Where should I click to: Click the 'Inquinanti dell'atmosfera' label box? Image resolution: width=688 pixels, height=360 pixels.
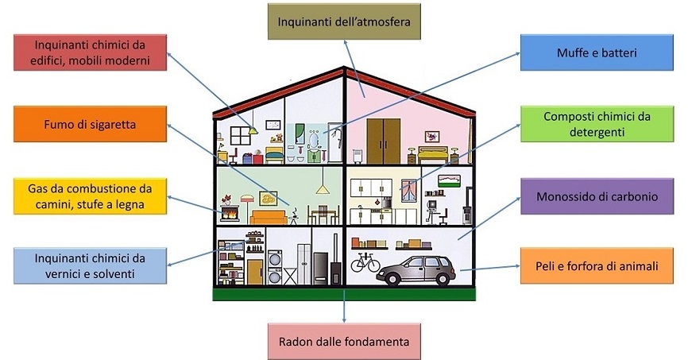[344, 21]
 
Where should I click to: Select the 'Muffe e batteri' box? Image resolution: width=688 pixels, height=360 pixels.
[597, 52]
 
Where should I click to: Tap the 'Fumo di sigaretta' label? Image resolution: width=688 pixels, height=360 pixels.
[90, 124]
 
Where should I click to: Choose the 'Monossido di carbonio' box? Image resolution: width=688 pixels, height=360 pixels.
[597, 196]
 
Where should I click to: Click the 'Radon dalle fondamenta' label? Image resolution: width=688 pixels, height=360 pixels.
[344, 342]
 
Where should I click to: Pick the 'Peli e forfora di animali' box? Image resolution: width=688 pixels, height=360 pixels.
[597, 265]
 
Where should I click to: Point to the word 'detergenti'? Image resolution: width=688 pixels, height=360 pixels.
[597, 132]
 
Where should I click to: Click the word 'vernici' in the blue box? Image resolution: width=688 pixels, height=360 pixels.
[61, 274]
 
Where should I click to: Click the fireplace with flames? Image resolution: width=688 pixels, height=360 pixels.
[230, 213]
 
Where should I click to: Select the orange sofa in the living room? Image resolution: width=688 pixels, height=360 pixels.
[268, 217]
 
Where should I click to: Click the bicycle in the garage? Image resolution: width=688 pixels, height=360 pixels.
[365, 262]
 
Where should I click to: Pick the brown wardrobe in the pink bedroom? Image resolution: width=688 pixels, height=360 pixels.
[384, 141]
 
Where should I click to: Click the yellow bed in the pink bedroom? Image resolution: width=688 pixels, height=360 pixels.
[433, 154]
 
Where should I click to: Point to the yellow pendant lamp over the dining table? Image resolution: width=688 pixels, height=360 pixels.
[323, 190]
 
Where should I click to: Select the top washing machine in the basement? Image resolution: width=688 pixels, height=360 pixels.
[275, 258]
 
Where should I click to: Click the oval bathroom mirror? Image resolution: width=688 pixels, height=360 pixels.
[313, 140]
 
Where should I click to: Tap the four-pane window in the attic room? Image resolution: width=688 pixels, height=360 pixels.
[241, 136]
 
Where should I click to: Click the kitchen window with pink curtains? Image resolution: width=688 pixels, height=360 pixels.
[408, 190]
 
